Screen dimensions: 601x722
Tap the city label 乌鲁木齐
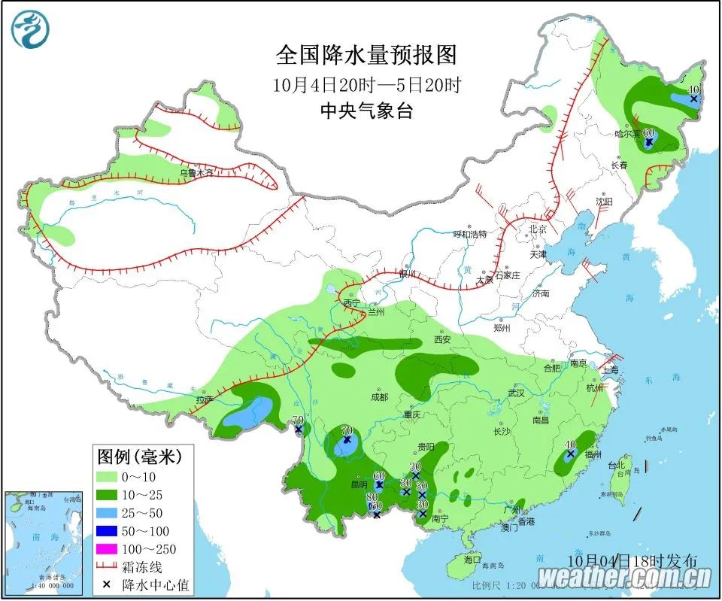click(x=196, y=173)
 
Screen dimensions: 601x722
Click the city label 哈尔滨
click(x=626, y=135)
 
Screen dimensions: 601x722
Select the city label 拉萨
click(x=205, y=400)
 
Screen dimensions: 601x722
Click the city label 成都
click(x=379, y=396)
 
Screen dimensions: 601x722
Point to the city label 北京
click(x=537, y=229)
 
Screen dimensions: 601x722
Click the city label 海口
click(x=472, y=560)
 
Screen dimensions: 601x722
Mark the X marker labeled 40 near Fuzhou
click(x=570, y=454)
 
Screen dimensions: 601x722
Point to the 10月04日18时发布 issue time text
click(x=632, y=560)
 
